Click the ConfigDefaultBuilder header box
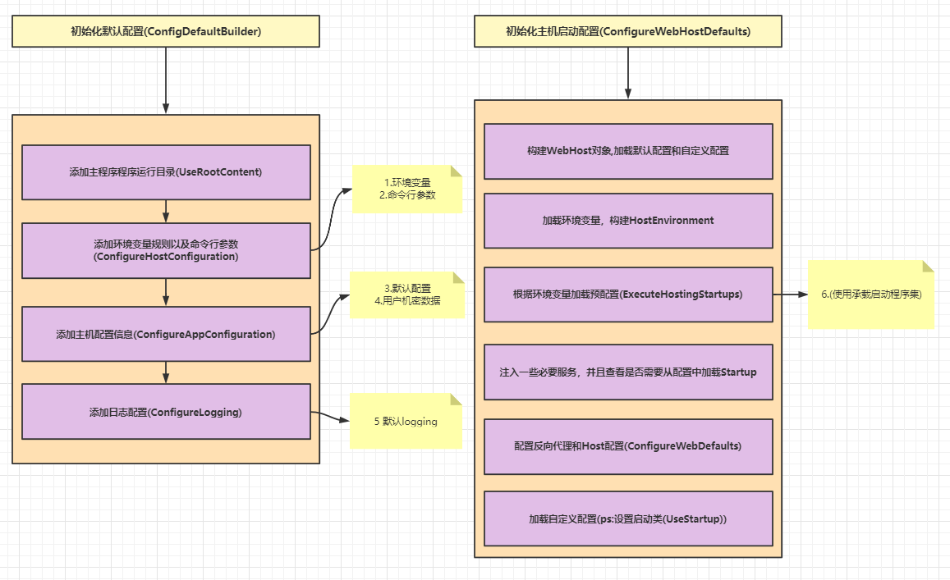click(165, 31)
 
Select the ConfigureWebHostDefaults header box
click(627, 31)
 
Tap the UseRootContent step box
click(166, 172)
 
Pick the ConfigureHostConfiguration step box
click(166, 251)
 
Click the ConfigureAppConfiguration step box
click(166, 334)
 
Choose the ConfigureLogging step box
click(166, 412)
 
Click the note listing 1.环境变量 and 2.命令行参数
click(407, 189)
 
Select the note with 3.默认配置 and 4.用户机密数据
click(407, 295)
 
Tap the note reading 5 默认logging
click(406, 422)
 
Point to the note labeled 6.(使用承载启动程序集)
click(871, 295)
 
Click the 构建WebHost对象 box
click(628, 151)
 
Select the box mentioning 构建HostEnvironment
click(628, 221)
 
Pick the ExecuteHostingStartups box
click(628, 295)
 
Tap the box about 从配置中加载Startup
click(628, 372)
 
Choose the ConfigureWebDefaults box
click(628, 446)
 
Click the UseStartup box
click(628, 518)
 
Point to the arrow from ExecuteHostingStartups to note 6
click(791, 295)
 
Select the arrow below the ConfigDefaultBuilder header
click(165, 80)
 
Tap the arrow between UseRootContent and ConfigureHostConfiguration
click(166, 212)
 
